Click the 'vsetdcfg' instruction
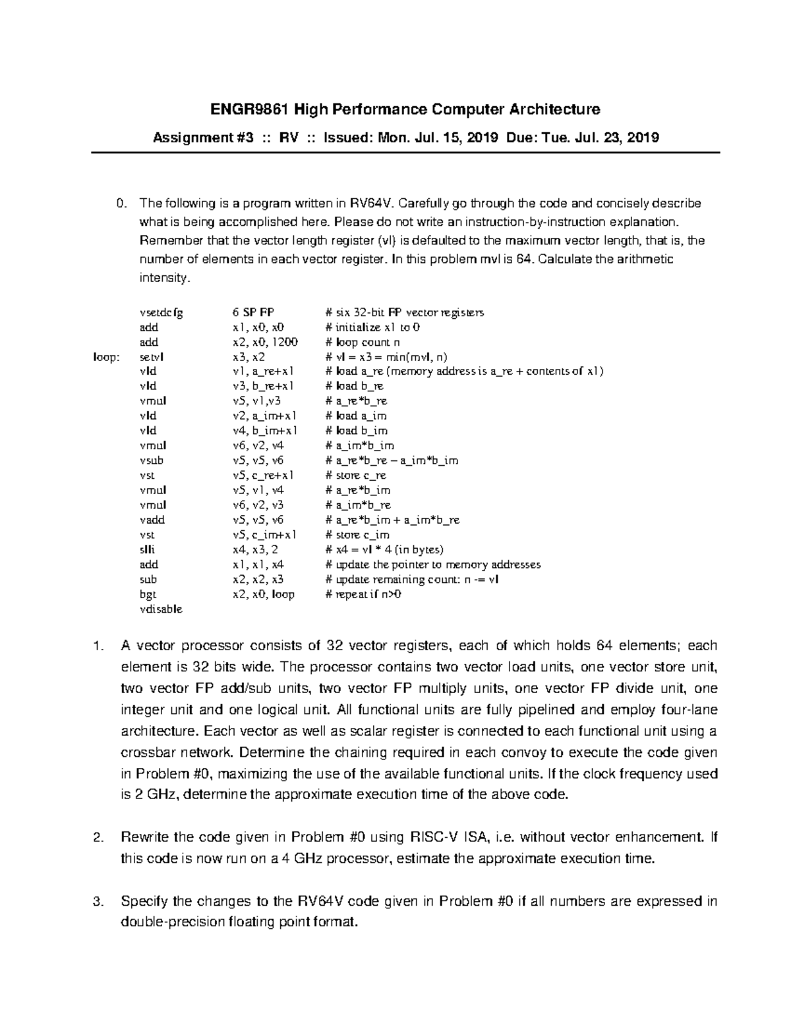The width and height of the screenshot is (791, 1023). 161,312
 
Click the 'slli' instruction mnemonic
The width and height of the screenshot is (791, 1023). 148,549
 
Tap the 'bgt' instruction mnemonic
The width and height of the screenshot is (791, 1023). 148,594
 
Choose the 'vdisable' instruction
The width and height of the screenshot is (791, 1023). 161,609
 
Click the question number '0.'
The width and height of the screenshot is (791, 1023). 119,204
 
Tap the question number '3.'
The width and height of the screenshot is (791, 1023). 99,900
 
